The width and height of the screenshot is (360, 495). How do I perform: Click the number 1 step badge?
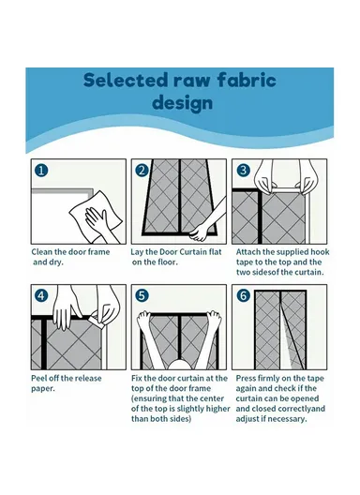[41, 171]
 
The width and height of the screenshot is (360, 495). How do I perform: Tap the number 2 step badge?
[142, 171]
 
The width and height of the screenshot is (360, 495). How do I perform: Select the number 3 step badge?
[243, 171]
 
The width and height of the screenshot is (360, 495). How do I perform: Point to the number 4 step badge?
[41, 296]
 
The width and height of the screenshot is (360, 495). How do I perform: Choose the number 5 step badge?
[142, 296]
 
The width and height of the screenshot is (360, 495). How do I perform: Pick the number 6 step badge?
[243, 296]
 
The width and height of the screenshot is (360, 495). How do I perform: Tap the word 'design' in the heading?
[183, 103]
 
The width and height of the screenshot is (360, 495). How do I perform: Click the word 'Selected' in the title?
[125, 80]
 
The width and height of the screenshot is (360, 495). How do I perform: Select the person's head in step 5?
[179, 365]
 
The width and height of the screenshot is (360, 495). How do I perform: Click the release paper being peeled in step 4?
[97, 322]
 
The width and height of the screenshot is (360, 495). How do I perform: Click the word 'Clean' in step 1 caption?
[41, 252]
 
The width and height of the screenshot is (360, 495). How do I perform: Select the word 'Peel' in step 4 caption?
[39, 378]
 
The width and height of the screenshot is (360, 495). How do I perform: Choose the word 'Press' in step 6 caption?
[246, 378]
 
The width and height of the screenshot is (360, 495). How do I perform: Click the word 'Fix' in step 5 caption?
[137, 378]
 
